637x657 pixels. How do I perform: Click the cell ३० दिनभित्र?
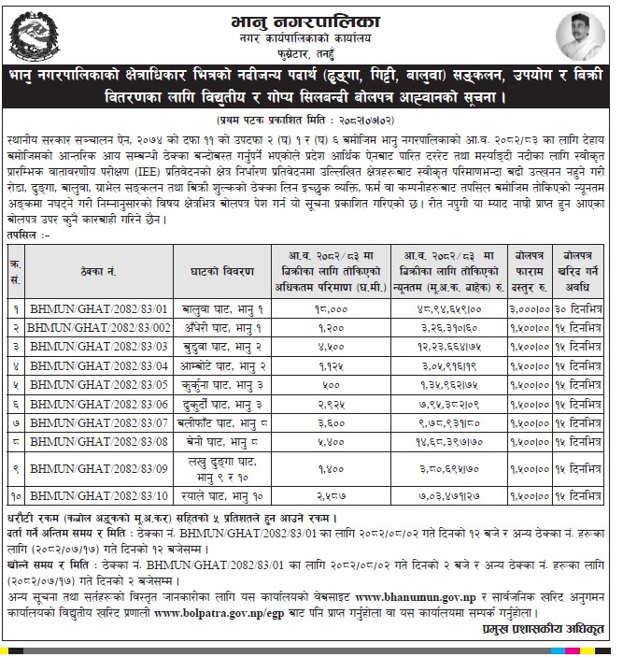(594, 307)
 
